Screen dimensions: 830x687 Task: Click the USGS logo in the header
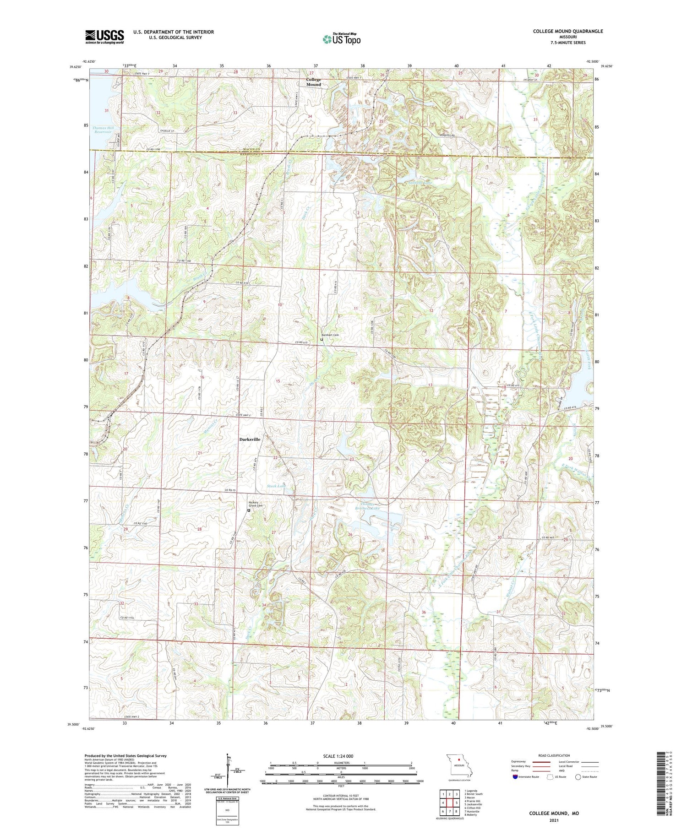pyautogui.click(x=104, y=37)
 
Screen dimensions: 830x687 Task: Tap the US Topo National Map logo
pyautogui.click(x=341, y=39)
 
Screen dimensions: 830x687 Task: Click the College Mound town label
pyautogui.click(x=314, y=82)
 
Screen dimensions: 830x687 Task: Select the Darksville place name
pyautogui.click(x=250, y=439)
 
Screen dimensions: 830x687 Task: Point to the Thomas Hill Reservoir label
pyautogui.click(x=103, y=130)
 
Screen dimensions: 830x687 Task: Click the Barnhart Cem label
pyautogui.click(x=330, y=335)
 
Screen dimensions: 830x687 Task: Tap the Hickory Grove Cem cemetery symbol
pyautogui.click(x=249, y=510)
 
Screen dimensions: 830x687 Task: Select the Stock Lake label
pyautogui.click(x=277, y=486)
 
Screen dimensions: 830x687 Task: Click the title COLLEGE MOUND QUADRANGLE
pyautogui.click(x=567, y=31)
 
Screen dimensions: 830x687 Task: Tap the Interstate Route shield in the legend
pyautogui.click(x=515, y=777)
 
